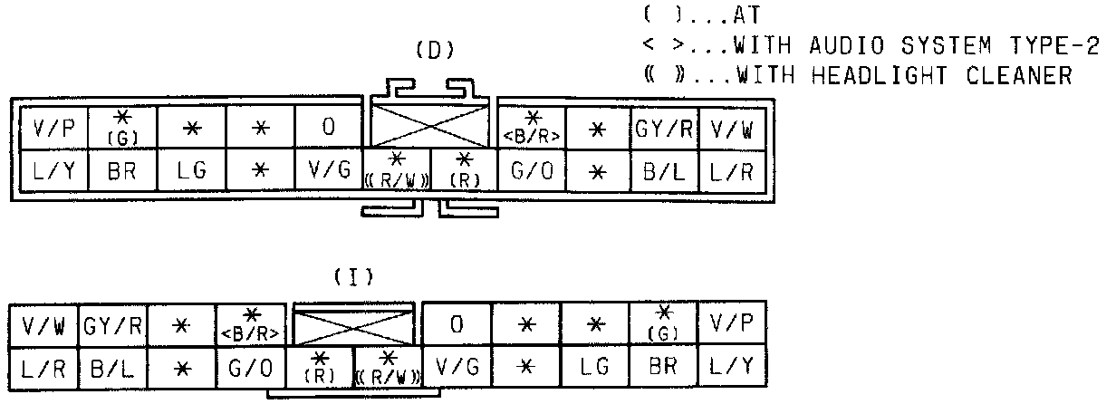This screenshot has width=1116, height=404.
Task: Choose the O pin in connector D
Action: coord(330,128)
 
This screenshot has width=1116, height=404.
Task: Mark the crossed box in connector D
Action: coord(429,121)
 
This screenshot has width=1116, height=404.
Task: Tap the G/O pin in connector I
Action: coord(253,368)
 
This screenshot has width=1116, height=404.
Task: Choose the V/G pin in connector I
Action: coord(457,368)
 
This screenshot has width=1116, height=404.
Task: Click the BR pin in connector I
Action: coord(664,368)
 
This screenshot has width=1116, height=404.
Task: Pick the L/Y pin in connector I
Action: coord(732,368)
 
